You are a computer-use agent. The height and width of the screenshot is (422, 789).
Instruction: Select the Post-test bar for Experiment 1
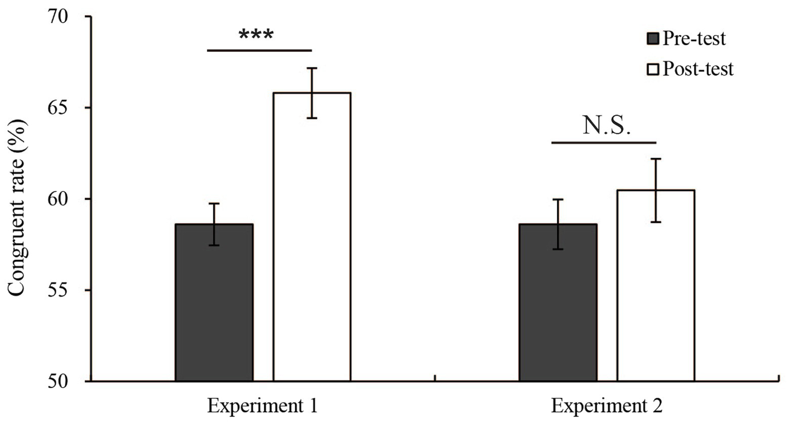coord(311,237)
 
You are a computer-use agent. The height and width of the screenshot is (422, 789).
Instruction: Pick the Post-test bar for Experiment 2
coord(656,286)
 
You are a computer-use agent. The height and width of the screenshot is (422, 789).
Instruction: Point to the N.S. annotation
coord(606,126)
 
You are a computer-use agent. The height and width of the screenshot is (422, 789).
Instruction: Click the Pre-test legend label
coord(694,39)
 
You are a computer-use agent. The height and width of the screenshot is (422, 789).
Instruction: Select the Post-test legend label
coord(698,69)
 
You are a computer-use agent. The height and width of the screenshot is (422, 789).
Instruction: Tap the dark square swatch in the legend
coord(653,39)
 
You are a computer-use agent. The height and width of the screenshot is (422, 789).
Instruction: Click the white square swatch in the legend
coord(653,69)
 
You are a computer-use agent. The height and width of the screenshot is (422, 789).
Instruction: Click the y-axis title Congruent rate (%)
coord(16,208)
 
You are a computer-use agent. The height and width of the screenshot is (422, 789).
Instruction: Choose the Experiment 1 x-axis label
coord(262,407)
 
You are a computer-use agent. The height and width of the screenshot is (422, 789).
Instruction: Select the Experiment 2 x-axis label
coord(607,407)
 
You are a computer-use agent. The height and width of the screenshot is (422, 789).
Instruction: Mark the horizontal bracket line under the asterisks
coord(259,50)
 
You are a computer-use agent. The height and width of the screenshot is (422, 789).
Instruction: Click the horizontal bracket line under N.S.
coord(604,143)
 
